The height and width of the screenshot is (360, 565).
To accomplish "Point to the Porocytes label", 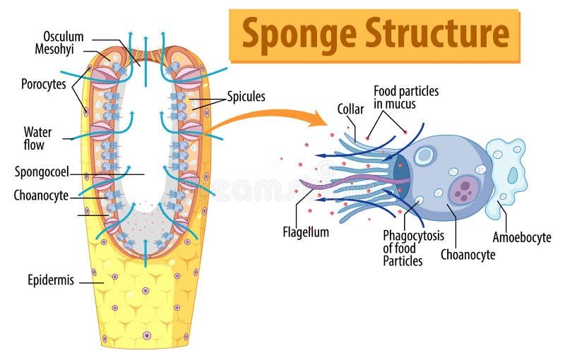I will point(43,84).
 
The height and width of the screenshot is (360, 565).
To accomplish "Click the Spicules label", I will point(246,97).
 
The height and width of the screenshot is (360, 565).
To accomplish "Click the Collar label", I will point(350,109).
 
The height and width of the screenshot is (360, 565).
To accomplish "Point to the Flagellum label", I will point(306,232).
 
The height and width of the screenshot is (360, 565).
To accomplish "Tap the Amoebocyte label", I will point(521,238).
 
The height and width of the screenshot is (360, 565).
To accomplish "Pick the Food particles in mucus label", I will point(406,98).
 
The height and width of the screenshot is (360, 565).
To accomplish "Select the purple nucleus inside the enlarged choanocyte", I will point(464,190).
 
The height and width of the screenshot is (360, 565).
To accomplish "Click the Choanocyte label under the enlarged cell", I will point(468,255).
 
